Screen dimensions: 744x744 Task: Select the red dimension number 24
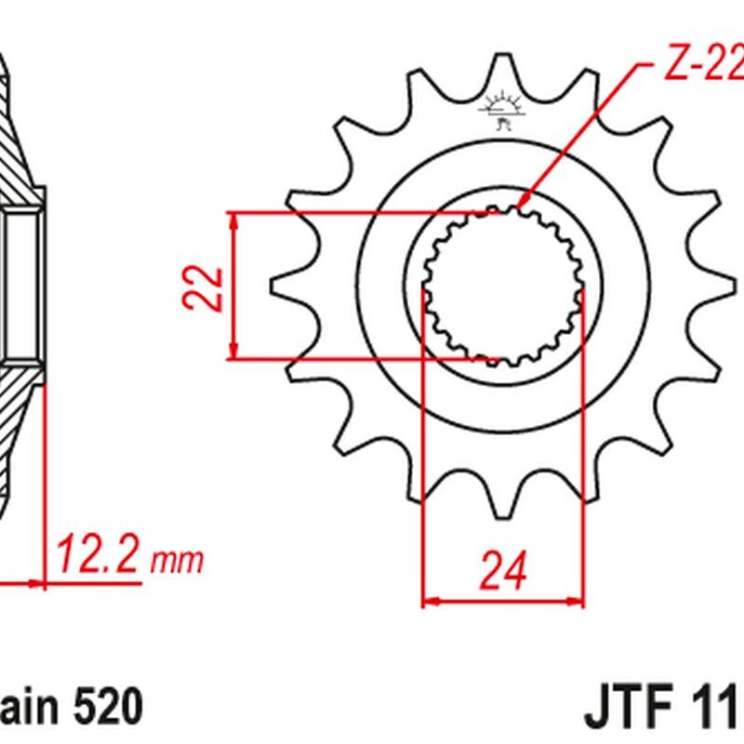pos(503,570)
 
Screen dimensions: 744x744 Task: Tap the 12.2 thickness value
pos(100,558)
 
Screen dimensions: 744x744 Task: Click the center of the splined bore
pos(503,286)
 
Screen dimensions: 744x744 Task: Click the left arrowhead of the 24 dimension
pos(430,602)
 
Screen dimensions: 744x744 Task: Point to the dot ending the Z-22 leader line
pos(524,199)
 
